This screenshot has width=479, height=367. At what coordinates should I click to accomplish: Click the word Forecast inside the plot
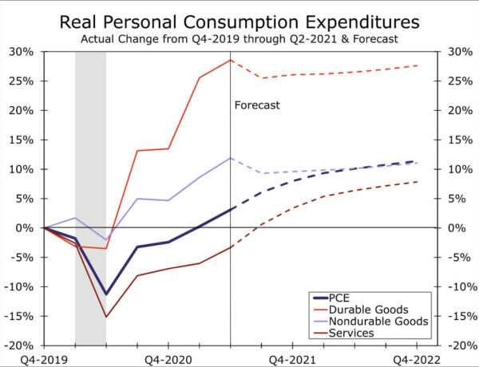point(257,105)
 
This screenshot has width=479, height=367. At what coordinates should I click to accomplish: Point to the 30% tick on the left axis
point(22,52)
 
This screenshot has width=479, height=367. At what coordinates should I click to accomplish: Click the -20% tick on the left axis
point(20,345)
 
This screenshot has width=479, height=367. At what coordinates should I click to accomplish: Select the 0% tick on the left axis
point(26,228)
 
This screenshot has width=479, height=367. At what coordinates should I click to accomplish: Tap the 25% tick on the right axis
point(455,81)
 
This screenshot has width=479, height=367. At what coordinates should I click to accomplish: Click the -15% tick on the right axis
point(457,316)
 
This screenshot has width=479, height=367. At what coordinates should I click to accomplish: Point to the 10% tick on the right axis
point(455,169)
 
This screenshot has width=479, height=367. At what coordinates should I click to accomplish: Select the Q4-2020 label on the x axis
point(168,359)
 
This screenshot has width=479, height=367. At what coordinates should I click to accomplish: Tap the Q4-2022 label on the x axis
point(417,359)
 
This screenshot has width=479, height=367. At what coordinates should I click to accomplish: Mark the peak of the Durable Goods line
point(230,60)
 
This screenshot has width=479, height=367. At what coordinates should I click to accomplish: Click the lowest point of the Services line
point(106,317)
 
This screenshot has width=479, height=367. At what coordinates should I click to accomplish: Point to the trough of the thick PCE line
point(106,294)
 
